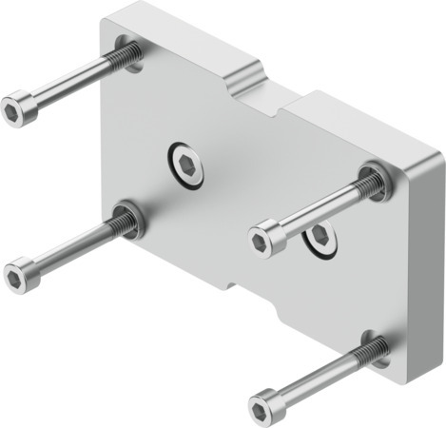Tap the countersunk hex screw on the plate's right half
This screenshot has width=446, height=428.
tap(321, 240)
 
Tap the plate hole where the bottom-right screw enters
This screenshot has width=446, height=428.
tap(377, 349)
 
